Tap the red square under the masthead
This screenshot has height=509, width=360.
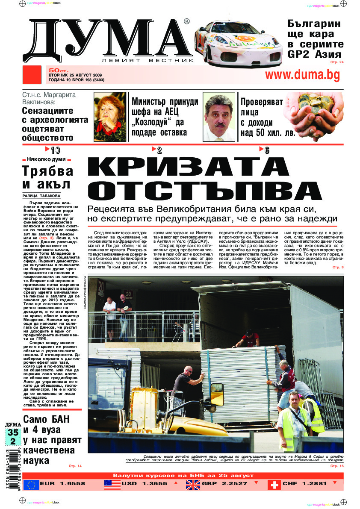[x=32, y=75]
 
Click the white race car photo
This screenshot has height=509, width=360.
[x=237, y=41]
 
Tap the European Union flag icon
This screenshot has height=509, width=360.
[x=31, y=484]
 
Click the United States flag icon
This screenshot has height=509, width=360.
[x=112, y=484]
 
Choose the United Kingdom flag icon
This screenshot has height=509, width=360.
[x=193, y=484]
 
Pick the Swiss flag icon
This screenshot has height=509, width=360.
[x=274, y=484]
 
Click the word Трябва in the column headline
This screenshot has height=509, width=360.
[x=47, y=171]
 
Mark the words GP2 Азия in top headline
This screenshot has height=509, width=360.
[x=314, y=54]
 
